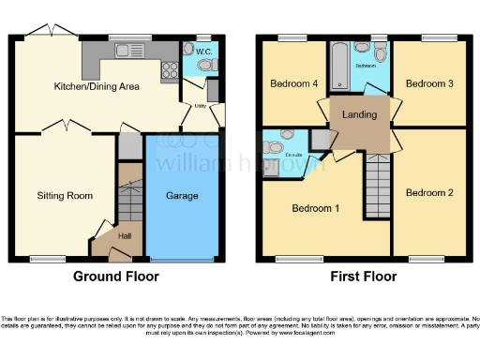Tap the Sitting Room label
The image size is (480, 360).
coord(64,196)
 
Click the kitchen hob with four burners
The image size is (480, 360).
coord(171,67)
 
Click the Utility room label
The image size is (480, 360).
coord(200,107)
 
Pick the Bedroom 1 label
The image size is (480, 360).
coord(316,207)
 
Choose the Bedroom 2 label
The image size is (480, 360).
coord(429,192)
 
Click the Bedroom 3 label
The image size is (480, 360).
coord(429,83)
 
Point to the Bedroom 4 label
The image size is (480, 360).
coord(294,83)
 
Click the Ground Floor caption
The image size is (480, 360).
coord(116,277)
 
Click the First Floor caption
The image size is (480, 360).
coord(363,277)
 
